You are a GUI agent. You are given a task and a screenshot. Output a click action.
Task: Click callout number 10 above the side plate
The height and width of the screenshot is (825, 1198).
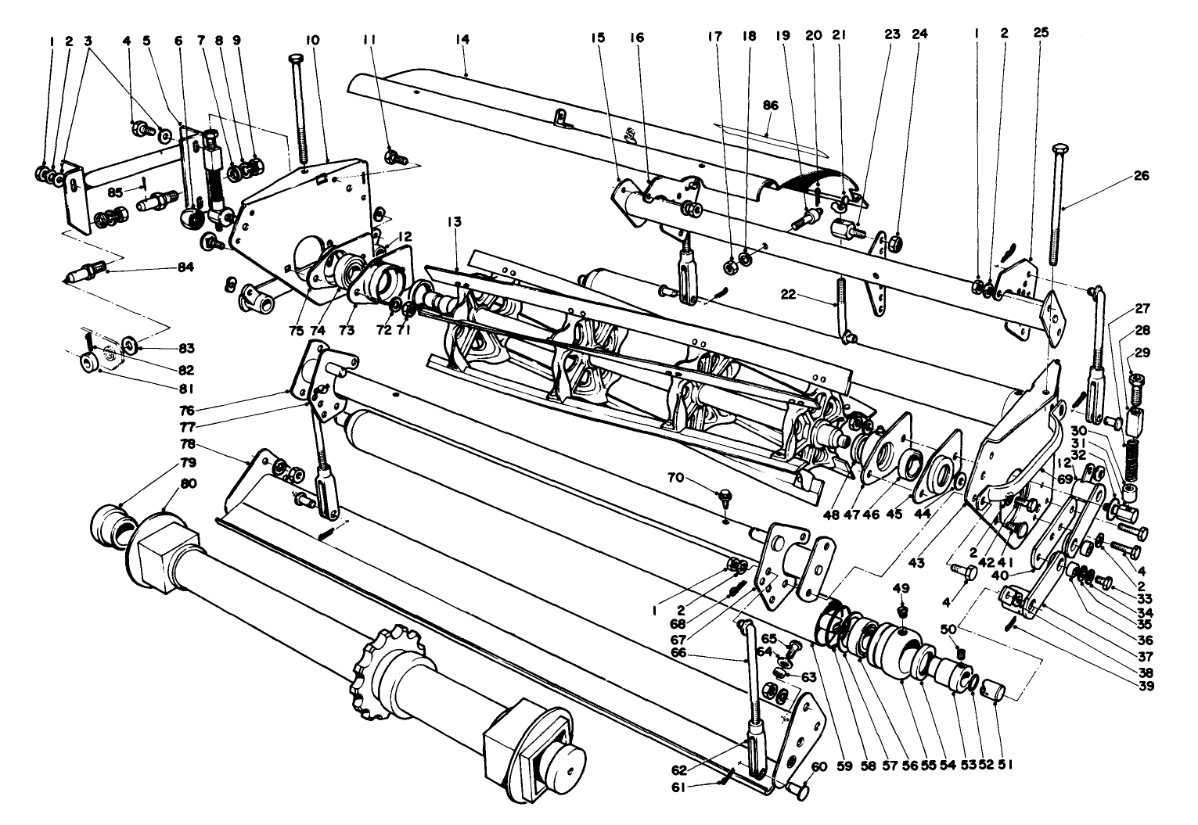point(312,38)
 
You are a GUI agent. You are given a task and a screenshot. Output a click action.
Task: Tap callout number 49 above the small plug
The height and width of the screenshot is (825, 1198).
point(901,586)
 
